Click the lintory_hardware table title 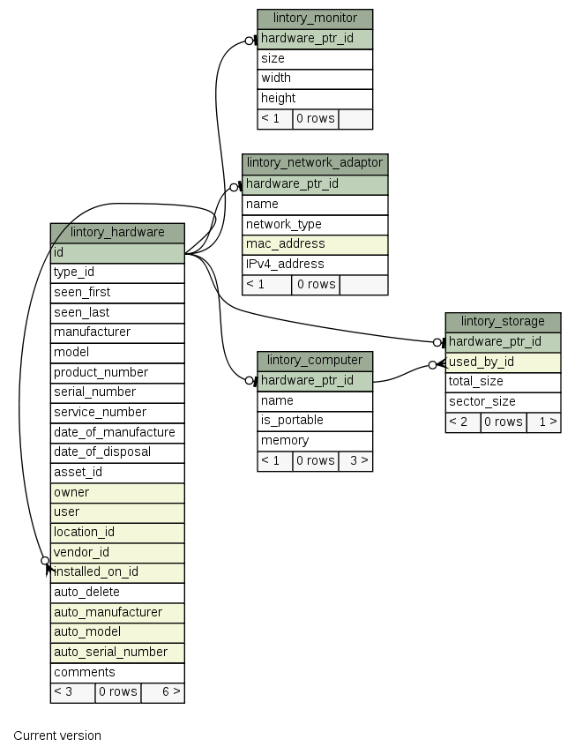(117, 233)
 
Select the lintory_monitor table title (315, 19)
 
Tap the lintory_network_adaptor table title (315, 163)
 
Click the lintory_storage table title (503, 322)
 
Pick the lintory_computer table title (315, 361)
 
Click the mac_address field (315, 243)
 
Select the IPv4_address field (315, 264)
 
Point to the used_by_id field (503, 362)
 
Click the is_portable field (315, 421)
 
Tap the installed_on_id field (117, 572)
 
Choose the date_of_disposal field (117, 452)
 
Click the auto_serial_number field (117, 653)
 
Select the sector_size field (503, 402)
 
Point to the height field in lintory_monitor (315, 98)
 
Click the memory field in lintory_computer (315, 441)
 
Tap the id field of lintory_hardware (117, 252)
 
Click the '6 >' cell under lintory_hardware (162, 692)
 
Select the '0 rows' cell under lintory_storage (503, 422)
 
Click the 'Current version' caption (57, 735)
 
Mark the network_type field (315, 224)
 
